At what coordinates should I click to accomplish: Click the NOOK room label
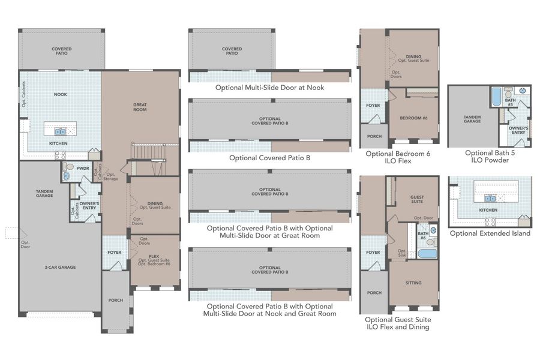[60, 94]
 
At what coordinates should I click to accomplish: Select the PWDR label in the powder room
[83, 169]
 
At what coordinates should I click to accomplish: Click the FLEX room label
[154, 256]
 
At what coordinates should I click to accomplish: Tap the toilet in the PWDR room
[68, 167]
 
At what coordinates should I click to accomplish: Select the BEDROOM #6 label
[414, 118]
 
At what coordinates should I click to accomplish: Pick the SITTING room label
[413, 283]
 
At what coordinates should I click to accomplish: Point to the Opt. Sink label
[402, 253]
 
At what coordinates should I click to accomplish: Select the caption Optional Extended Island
[490, 233]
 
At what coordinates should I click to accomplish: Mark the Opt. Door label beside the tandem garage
[25, 244]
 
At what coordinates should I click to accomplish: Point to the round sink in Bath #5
[521, 90]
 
